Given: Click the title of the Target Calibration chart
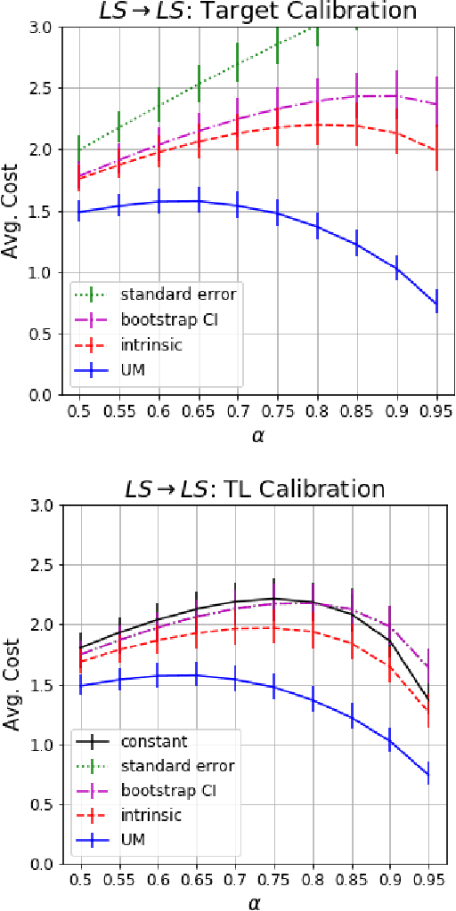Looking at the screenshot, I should click(x=256, y=12).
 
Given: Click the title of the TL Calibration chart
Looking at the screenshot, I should click(x=256, y=488).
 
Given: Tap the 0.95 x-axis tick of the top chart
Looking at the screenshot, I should click(x=436, y=413).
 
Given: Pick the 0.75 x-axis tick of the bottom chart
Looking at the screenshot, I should click(x=274, y=883).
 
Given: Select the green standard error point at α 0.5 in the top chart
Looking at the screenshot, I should click(x=79, y=149).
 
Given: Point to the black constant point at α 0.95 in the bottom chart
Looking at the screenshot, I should click(x=429, y=698).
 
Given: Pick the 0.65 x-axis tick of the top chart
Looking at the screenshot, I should click(x=198, y=413).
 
